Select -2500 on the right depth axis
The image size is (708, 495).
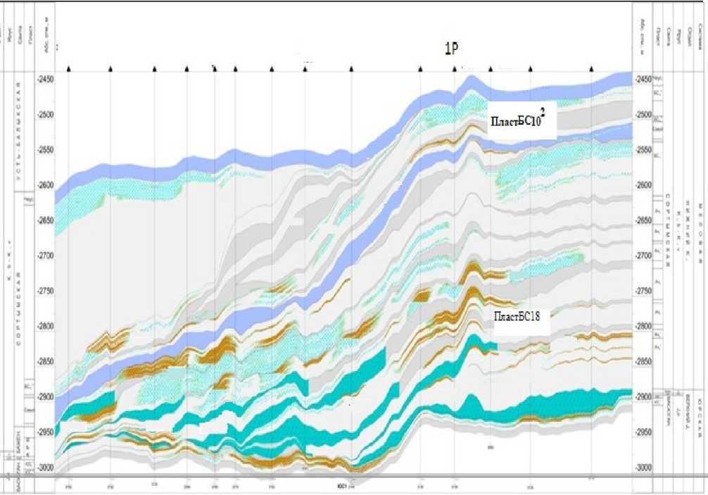(643, 114)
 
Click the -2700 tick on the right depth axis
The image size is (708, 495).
(643, 256)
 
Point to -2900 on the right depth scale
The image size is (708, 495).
(643, 396)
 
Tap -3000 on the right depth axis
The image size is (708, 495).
(643, 468)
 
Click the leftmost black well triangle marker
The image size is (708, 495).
(69, 69)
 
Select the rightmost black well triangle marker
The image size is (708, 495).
(592, 69)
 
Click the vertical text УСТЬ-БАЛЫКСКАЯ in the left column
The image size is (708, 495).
(19, 134)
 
